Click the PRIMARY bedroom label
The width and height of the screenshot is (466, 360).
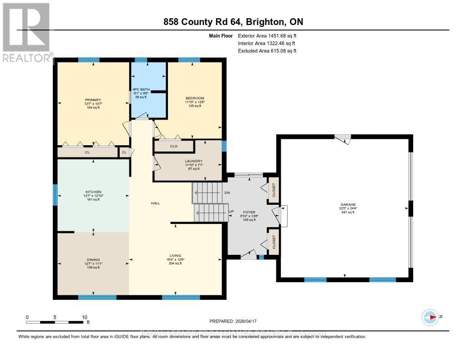(92, 100)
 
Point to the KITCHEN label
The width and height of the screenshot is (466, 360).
(92, 192)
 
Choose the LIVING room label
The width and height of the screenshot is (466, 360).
(175, 255)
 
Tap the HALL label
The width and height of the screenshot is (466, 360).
(156, 203)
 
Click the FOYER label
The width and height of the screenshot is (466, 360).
(248, 211)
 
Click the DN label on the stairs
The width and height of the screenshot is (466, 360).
(228, 193)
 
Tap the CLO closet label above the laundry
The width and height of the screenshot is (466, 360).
(173, 147)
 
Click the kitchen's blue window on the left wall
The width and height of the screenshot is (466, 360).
(55, 195)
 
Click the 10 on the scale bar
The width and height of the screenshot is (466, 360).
(84, 317)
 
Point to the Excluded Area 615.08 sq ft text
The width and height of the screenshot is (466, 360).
(267, 51)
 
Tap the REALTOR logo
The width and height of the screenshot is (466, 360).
(26, 32)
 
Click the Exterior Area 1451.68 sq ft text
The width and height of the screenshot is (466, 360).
(267, 35)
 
